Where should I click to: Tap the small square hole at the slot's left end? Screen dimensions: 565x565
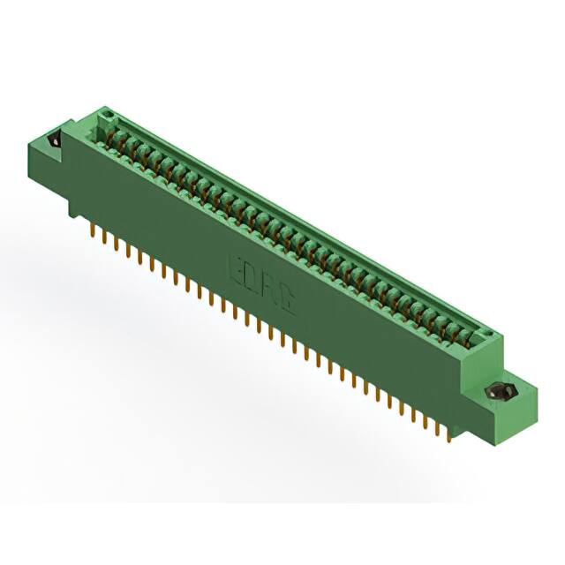(x=107, y=116)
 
